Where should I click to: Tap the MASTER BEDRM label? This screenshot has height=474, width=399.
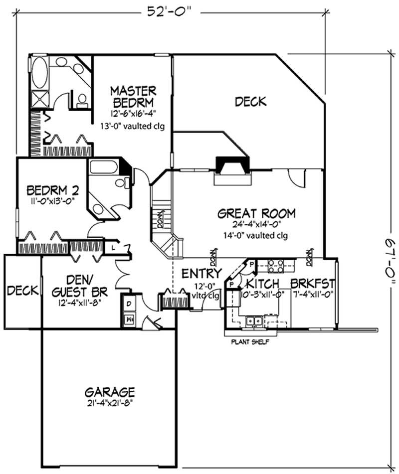coord(133,96)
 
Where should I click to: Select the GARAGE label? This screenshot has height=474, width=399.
coord(109,391)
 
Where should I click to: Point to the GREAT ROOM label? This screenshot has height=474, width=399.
coord(256,214)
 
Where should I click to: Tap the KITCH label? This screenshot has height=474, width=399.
coord(262,285)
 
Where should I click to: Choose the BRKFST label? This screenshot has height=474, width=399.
coord(313,285)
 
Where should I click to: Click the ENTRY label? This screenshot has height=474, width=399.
coord(201,274)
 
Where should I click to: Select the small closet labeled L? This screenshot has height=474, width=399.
coord(114,247)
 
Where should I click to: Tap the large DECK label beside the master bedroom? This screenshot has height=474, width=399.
coord(250,102)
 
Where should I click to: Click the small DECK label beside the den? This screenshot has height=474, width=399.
coord(23,291)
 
